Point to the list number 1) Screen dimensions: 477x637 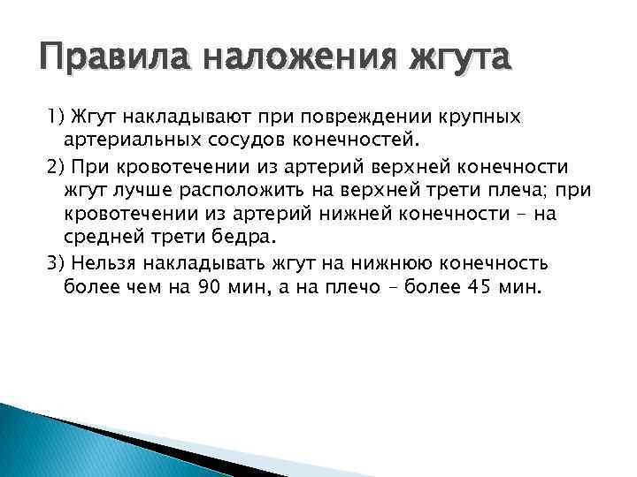(x=57, y=117)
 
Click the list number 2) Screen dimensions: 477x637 (x=57, y=167)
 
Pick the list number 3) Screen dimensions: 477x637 (x=57, y=262)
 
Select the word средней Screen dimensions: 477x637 (x=100, y=238)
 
